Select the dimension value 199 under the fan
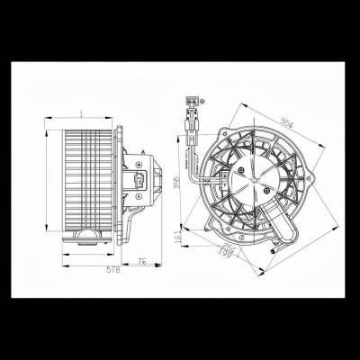[228, 255]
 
